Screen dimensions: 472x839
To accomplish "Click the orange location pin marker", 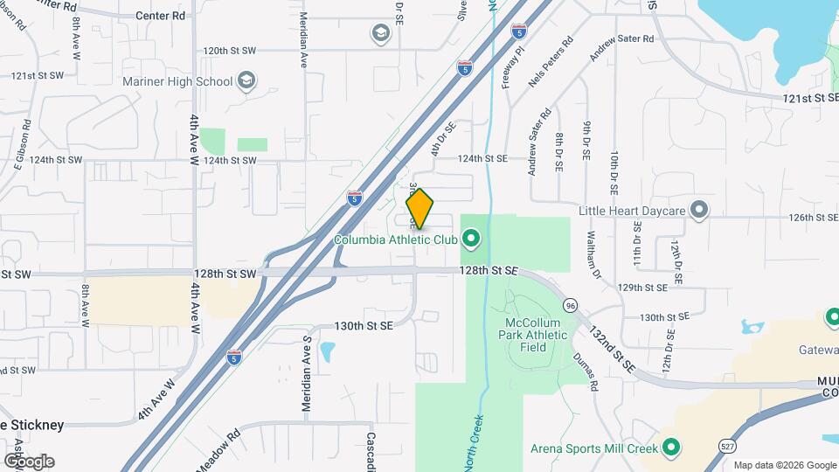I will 420,208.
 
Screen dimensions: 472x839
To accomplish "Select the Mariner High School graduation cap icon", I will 246,81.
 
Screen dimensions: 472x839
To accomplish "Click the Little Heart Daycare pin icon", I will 698,210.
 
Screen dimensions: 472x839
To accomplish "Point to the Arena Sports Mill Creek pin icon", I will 671,448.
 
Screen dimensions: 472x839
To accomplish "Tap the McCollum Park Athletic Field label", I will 536,335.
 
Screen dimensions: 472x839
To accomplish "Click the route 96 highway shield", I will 571,305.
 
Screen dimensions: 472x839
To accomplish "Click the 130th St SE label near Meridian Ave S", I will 364,325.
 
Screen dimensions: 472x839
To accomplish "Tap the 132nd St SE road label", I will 611,348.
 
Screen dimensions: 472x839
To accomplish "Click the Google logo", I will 28,461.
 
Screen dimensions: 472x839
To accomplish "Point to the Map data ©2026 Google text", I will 783,465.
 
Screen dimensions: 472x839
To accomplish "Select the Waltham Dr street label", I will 593,253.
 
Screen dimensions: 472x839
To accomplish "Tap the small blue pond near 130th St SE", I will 328,351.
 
